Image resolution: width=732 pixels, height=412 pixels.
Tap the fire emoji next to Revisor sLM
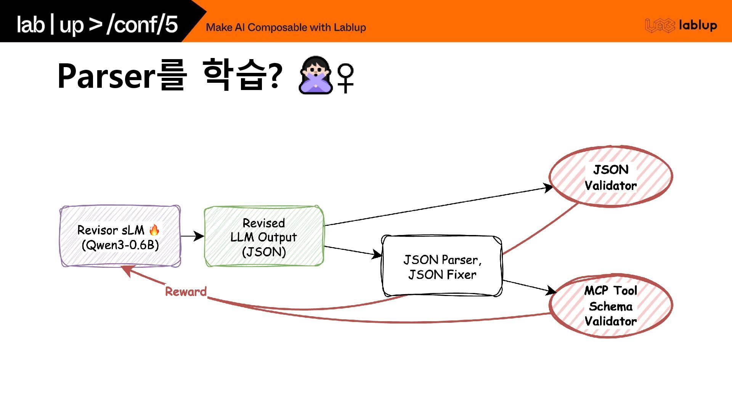point(154,230)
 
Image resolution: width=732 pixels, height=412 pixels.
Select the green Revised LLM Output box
point(264,237)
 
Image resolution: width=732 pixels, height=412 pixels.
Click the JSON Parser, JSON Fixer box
point(442,266)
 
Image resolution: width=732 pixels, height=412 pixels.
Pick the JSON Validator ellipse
point(611,177)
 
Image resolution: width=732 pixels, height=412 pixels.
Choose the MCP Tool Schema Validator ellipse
point(611,306)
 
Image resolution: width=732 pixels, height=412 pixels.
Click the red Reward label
point(186,292)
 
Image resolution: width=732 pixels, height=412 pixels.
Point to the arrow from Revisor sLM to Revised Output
point(192,236)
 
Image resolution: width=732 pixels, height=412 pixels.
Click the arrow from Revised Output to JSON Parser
point(353,251)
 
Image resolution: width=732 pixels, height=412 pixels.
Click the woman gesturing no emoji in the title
point(315,75)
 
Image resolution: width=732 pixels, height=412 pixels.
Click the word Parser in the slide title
point(106,76)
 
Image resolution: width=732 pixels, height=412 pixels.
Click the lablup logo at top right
point(681,26)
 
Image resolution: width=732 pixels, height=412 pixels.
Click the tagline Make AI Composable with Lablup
point(286,27)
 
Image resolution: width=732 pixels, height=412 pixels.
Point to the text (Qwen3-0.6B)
point(120,245)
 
